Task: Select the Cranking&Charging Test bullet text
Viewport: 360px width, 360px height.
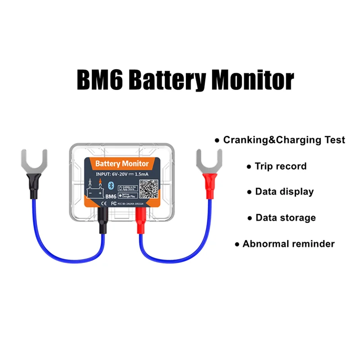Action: [284, 140]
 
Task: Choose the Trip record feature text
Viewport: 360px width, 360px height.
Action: [280, 166]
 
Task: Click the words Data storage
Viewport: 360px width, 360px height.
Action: [285, 218]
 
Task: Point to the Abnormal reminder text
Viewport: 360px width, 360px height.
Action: [288, 244]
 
